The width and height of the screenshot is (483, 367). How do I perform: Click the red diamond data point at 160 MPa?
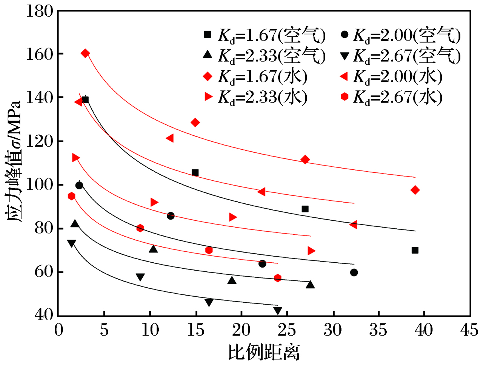(x=85, y=53)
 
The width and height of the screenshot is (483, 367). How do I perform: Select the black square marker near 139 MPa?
(x=85, y=100)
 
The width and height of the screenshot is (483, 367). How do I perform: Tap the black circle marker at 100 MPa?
(x=79, y=185)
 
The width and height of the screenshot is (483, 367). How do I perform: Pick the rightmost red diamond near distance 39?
(x=415, y=190)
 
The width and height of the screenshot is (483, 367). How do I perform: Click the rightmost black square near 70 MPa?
(x=415, y=250)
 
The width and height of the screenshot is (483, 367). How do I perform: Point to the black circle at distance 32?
(x=354, y=273)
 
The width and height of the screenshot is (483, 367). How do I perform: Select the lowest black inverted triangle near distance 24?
(x=278, y=311)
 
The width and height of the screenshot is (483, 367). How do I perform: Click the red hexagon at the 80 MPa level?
(x=140, y=228)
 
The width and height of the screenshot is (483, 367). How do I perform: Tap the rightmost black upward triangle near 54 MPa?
(x=310, y=285)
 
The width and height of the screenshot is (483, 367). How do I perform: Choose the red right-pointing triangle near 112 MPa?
(x=76, y=158)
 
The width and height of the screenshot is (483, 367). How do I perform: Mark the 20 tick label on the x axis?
(x=241, y=330)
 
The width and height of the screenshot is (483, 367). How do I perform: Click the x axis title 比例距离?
(x=264, y=353)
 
